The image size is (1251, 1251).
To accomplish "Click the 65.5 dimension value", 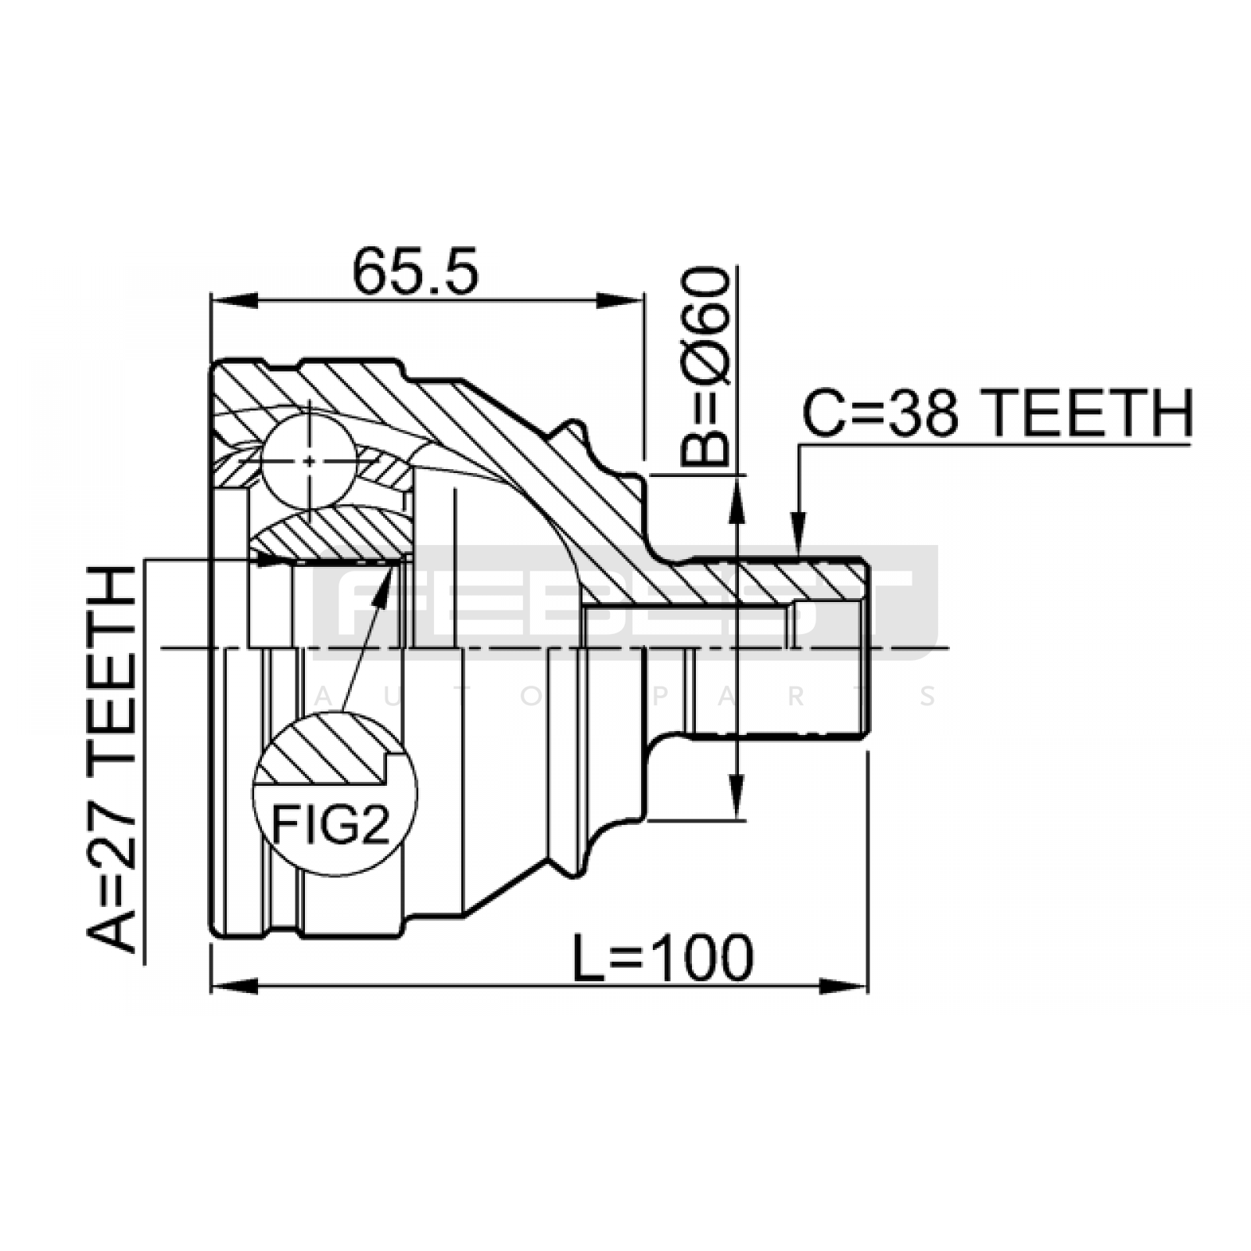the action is point(414,271).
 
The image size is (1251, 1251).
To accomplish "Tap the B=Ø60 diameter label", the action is point(704,366).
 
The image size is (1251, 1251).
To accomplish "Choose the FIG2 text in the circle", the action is point(331,825).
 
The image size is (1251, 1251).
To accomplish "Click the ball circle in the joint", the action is point(310,461).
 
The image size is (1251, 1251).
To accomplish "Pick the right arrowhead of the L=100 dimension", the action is point(844,986).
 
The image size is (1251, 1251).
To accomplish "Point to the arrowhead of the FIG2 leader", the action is point(385,581).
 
